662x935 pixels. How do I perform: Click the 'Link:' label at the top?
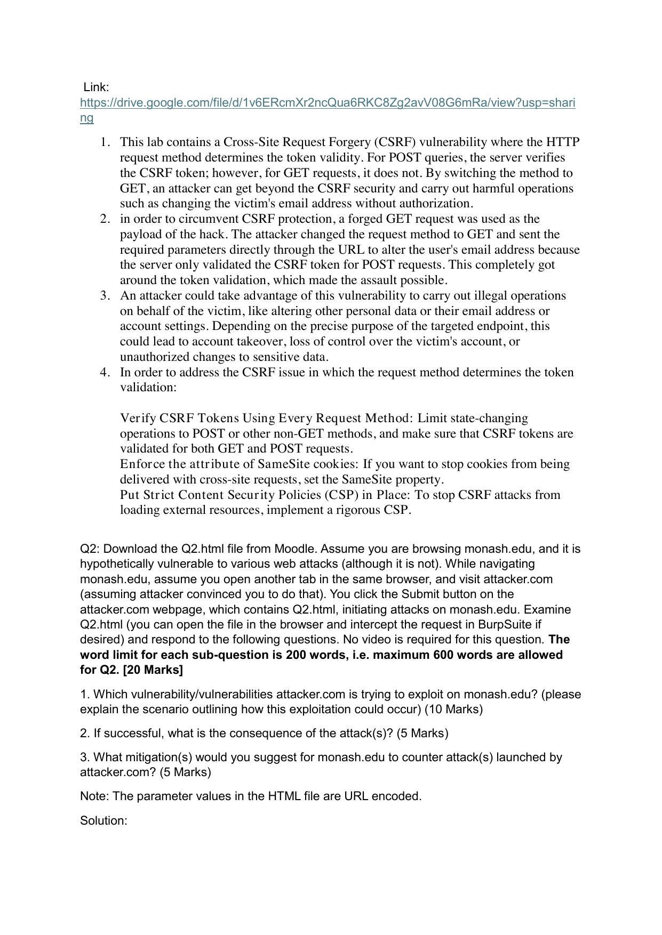coord(96,87)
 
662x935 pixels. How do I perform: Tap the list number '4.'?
coord(105,372)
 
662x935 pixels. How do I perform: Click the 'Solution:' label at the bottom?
coord(103,820)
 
